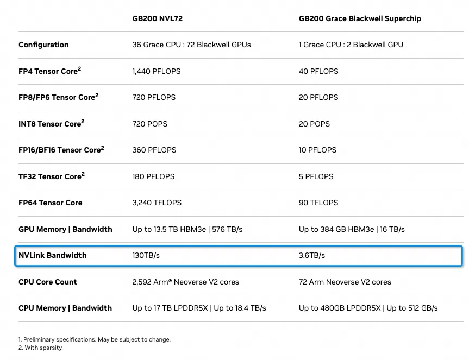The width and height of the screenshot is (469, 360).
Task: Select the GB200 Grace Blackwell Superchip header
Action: [360, 18]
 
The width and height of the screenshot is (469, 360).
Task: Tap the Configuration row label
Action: [43, 45]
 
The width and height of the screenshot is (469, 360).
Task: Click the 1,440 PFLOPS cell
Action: [157, 71]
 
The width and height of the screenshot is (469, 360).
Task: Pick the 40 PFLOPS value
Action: [318, 71]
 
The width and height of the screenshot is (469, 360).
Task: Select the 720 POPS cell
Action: [150, 124]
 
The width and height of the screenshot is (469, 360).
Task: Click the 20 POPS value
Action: [314, 124]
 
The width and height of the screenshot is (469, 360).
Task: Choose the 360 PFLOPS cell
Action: [154, 150]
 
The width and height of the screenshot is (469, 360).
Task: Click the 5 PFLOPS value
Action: [316, 176]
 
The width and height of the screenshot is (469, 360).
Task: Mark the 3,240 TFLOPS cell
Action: [157, 203]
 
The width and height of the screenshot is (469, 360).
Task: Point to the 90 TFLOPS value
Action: [318, 203]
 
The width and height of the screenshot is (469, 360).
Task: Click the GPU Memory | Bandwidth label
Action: [65, 229]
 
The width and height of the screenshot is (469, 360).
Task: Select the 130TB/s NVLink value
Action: [146, 255]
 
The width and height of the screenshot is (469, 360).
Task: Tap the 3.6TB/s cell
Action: [312, 255]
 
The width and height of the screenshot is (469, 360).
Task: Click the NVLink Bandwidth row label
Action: [52, 255]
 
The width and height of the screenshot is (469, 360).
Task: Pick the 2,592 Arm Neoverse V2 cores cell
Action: [186, 282]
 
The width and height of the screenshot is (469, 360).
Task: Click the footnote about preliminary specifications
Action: [95, 339]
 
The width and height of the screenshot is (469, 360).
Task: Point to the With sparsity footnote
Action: [41, 348]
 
